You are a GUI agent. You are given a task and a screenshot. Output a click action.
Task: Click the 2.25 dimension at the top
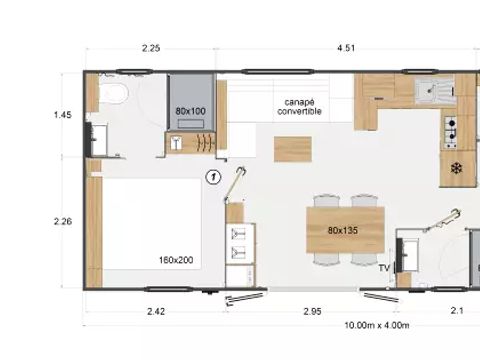[151, 48]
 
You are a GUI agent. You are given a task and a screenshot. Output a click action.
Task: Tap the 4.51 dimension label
[346, 48]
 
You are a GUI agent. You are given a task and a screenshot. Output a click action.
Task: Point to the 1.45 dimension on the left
[63, 115]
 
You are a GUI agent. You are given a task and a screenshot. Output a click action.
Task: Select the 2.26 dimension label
[63, 221]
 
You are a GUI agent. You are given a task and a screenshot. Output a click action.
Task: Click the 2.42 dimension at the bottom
[156, 311]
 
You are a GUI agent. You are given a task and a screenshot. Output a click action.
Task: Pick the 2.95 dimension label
[312, 311]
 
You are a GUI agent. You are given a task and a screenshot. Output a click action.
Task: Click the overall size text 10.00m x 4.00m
[377, 325]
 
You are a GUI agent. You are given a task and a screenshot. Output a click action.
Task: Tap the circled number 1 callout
[213, 177]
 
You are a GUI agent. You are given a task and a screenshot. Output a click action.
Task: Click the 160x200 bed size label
[176, 260]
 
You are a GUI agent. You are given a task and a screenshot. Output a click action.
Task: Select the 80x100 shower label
[190, 111]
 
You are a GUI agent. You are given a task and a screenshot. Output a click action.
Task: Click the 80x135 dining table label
[343, 230]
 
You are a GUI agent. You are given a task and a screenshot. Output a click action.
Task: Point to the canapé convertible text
[299, 107]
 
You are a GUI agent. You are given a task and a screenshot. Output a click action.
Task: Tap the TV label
[384, 268]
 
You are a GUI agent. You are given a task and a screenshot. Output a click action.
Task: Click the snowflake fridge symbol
[456, 168]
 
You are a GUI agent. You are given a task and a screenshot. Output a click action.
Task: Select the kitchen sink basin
[426, 90]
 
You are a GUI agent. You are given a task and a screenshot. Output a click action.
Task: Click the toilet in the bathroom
[112, 93]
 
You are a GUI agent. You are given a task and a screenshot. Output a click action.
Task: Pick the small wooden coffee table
[293, 149]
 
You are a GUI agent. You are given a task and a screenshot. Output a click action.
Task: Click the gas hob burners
[451, 132]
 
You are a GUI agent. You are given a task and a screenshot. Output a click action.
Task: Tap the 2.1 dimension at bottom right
[457, 311]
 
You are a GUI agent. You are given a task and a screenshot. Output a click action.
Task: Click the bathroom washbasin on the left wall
[99, 140]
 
